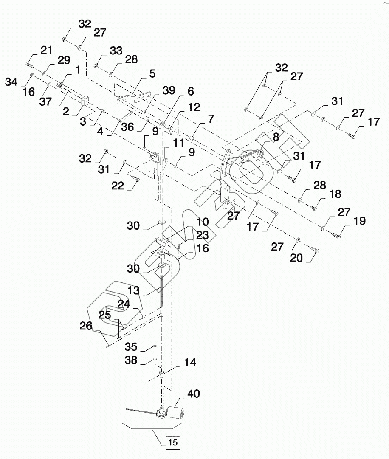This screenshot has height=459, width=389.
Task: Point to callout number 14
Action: (190, 363)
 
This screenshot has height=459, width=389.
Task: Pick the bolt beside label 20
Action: (315, 250)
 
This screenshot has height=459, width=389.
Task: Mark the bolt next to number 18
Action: (313, 208)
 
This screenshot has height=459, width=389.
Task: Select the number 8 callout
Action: (276, 137)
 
